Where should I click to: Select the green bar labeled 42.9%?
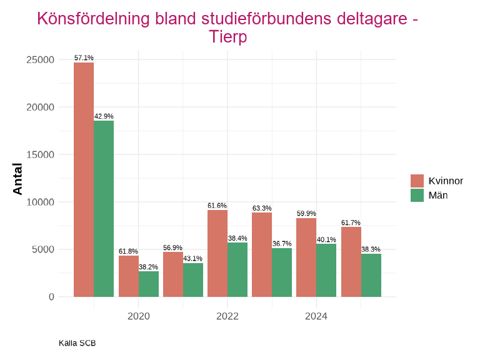click(x=104, y=209)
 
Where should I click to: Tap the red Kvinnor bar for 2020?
click(x=129, y=276)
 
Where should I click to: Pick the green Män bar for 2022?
click(x=237, y=269)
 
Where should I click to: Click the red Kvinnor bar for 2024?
click(x=306, y=257)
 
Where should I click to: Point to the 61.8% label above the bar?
click(x=129, y=252)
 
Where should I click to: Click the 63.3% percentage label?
click(x=262, y=209)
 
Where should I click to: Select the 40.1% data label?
click(x=326, y=239)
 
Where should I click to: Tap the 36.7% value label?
click(x=282, y=244)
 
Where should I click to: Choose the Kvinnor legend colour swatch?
click(x=417, y=181)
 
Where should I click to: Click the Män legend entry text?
click(x=438, y=195)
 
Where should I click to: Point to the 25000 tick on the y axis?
click(x=41, y=60)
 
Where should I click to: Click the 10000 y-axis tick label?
click(x=41, y=202)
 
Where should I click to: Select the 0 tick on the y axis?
click(x=51, y=297)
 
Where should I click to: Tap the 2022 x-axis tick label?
click(x=227, y=316)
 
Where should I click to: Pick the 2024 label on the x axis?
click(x=316, y=316)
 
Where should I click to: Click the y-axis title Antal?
click(x=17, y=179)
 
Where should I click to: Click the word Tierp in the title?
click(x=227, y=37)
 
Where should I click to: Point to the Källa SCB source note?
click(x=77, y=343)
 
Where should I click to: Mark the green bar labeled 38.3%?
click(x=371, y=275)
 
